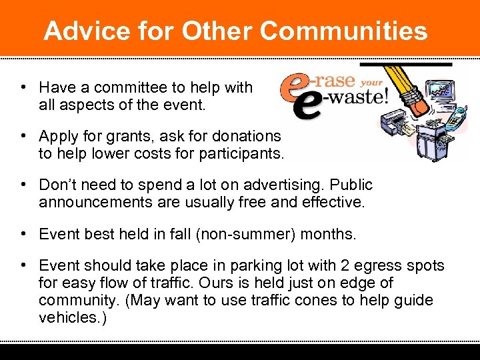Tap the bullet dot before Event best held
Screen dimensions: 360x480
click(x=23, y=233)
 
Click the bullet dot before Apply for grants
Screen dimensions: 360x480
click(x=23, y=136)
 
